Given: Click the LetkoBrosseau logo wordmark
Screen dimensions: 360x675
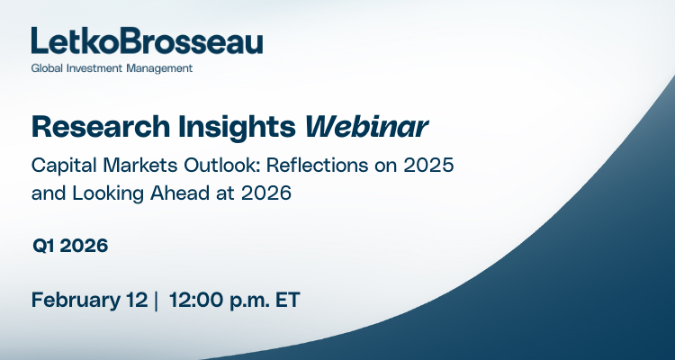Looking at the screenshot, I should (147, 41).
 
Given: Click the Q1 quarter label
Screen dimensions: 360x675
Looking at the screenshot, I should (44, 246).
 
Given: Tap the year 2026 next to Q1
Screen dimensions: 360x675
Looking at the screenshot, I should (85, 246).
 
